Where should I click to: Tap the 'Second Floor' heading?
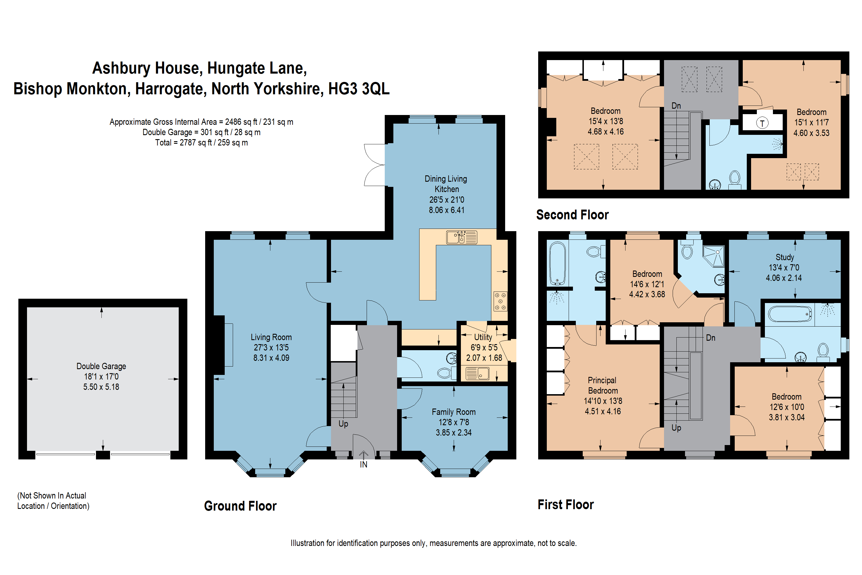point(572,214)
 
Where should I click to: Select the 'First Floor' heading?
point(565,505)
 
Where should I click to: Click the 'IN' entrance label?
point(363,465)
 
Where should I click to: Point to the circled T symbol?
point(762,123)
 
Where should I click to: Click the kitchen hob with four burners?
point(500,301)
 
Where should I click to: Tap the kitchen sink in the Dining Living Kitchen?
point(461,237)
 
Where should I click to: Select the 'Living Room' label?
point(271,337)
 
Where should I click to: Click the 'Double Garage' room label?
point(101,366)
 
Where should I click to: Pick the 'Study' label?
point(785,257)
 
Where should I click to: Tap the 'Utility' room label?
point(483,337)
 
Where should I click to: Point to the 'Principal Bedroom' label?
point(603,386)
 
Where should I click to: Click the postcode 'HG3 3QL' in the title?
point(359,89)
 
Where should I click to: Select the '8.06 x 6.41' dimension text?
point(447,210)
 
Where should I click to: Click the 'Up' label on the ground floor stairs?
point(343,424)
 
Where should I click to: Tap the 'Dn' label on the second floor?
point(676,106)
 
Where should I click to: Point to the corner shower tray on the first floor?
point(713,256)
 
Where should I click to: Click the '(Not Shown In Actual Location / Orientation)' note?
point(53,501)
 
